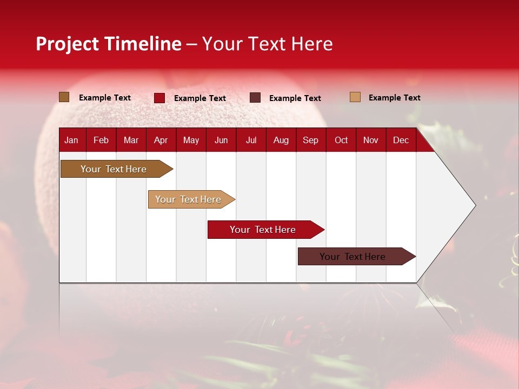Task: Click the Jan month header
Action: coord(71,140)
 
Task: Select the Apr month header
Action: coord(161,140)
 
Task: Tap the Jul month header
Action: coord(251,140)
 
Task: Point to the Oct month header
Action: coord(341,140)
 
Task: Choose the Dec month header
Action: coord(401,140)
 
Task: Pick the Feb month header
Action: coord(101,140)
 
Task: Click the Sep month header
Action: coord(310,140)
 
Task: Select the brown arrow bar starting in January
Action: coord(117,169)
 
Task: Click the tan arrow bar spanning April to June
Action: coord(191,199)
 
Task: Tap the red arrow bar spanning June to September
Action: coord(266,230)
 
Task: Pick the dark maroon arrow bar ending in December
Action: coord(357,256)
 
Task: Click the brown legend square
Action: coord(64,97)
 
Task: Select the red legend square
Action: coord(159,98)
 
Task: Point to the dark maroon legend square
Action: coord(255,98)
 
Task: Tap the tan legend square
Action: coord(355,97)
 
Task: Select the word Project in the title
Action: coord(67,44)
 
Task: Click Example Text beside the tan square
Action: coord(395,98)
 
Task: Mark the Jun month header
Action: coord(221,140)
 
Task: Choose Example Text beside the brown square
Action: coord(104,98)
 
